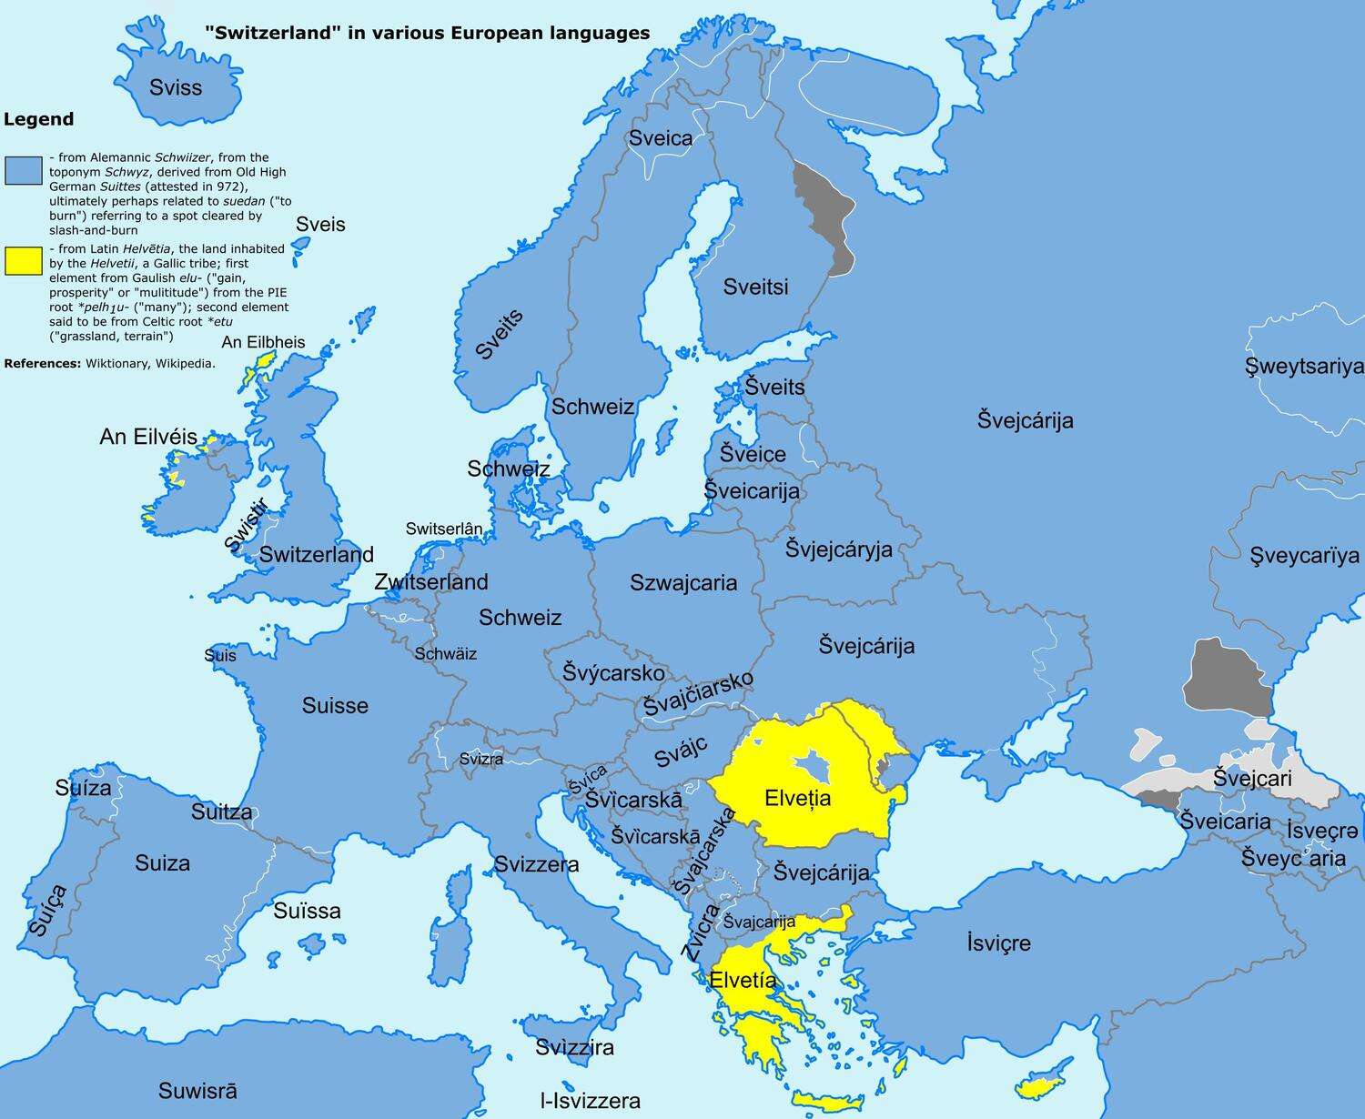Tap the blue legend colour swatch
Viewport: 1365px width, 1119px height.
(x=24, y=170)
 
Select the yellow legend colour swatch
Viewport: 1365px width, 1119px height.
(x=24, y=261)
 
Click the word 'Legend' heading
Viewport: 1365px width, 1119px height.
(x=38, y=119)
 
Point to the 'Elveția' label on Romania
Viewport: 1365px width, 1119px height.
(x=798, y=799)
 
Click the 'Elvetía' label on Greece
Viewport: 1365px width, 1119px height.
(x=743, y=981)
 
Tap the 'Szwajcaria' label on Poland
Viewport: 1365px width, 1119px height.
(x=683, y=583)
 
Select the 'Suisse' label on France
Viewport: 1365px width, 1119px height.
(x=335, y=706)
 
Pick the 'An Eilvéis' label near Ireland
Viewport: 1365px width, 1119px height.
(x=148, y=437)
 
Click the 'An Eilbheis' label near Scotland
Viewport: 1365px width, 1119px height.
(x=263, y=343)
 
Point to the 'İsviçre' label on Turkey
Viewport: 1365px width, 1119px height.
(x=998, y=943)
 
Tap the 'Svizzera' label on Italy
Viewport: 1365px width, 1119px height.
(x=536, y=864)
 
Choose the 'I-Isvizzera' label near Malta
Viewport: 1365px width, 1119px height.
(x=590, y=1101)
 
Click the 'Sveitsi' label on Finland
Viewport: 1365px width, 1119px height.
(x=755, y=287)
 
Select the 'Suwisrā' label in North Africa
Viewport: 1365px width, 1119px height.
(x=197, y=1090)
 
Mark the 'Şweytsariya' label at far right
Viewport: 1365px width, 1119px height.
(x=1304, y=367)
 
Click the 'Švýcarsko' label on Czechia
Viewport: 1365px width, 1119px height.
(x=613, y=673)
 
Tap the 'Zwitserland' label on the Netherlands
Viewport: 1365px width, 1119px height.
(x=431, y=582)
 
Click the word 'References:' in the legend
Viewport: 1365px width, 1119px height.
(x=43, y=363)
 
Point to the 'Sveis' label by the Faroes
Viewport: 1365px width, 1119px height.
(x=320, y=225)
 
